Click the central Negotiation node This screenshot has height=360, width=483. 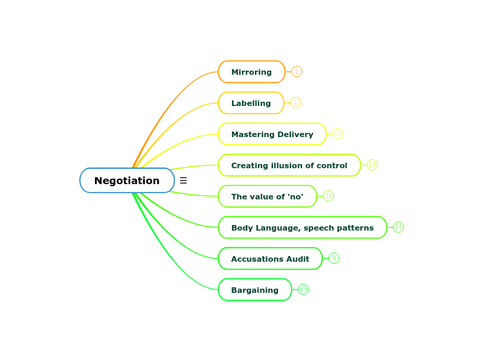coord(127,181)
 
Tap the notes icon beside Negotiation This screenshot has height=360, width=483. coord(183,181)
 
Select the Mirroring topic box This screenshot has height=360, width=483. coord(252,72)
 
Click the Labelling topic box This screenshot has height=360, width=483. coord(251,103)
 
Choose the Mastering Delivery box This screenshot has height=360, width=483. coord(272,134)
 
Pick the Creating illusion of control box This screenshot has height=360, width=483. coord(289,165)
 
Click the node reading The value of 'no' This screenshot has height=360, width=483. coord(267,197)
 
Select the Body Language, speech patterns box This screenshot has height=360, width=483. coord(302,228)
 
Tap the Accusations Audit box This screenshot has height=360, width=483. coord(270,259)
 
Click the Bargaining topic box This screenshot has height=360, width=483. coord(254,290)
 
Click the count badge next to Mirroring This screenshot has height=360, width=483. coord(297,71)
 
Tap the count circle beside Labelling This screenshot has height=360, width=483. coord(295,102)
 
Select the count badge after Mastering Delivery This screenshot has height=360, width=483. coord(337,134)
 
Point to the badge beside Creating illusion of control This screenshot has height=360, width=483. coord(372,165)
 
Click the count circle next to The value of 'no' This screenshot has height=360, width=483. coord(328,196)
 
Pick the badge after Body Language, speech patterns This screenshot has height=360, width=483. coord(398,227)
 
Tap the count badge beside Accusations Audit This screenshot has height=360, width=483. coord(334,258)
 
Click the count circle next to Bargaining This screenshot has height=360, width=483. coord(304,289)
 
